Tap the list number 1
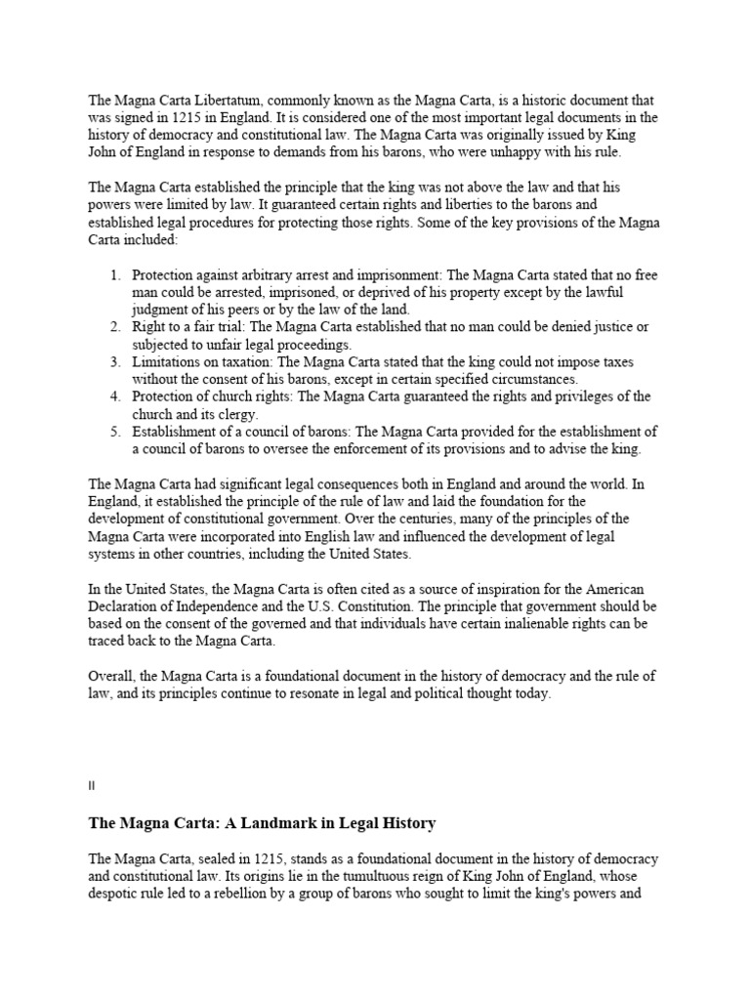(114, 276)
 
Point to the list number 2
(114, 327)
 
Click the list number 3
(114, 362)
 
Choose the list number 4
(114, 396)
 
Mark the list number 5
(114, 432)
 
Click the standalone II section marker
(91, 785)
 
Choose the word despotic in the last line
(115, 894)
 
